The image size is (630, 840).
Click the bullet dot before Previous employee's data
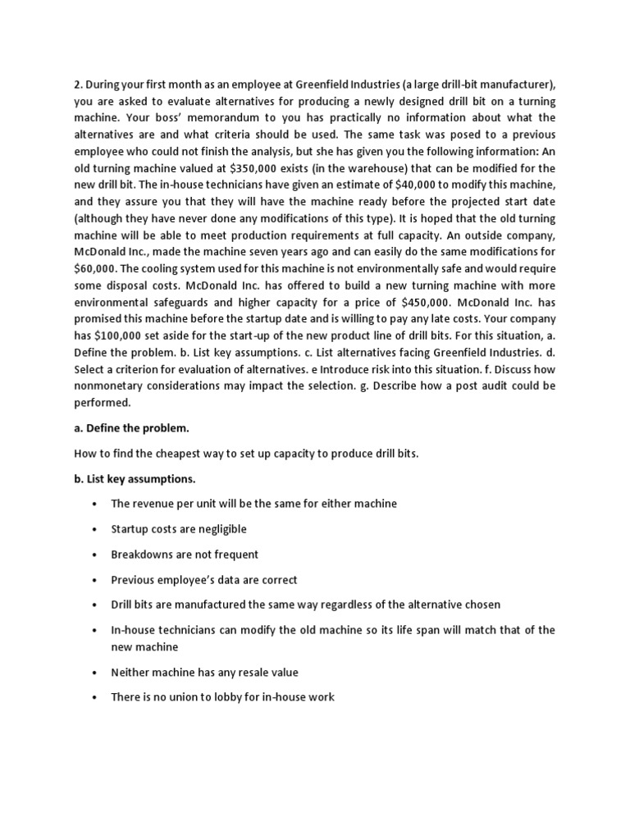[96, 580]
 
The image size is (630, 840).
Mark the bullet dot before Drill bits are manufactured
[96, 605]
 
